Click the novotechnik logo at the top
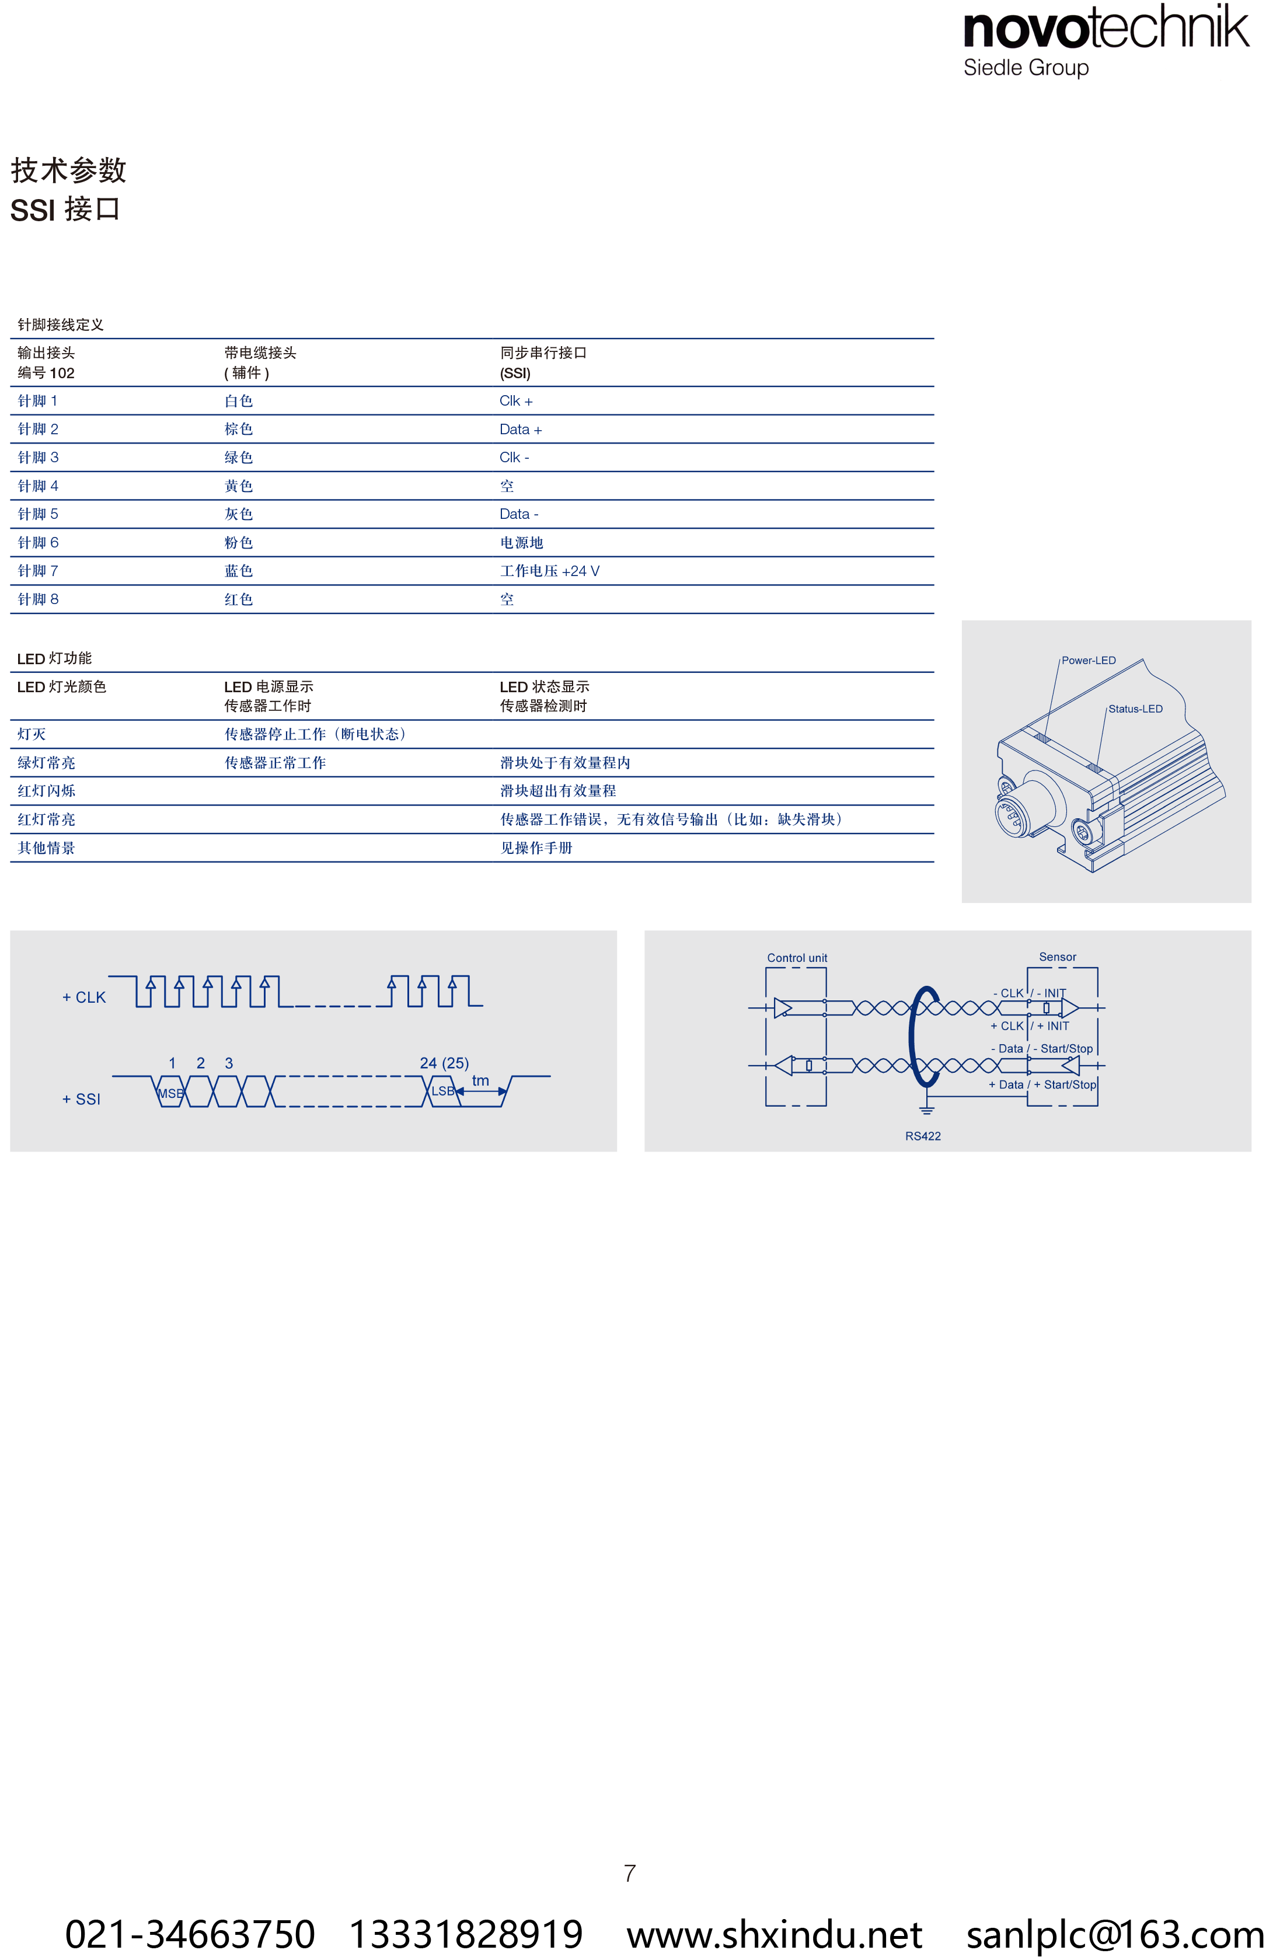click(x=1107, y=40)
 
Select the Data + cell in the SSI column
click(x=521, y=429)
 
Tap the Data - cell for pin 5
click(x=519, y=514)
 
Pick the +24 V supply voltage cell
click(x=550, y=570)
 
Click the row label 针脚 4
click(x=38, y=486)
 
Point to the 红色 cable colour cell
click(x=238, y=599)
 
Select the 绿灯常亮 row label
click(x=46, y=763)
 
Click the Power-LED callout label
click(x=1089, y=660)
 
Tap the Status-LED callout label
click(x=1135, y=709)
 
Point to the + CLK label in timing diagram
click(x=84, y=997)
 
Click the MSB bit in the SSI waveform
click(x=170, y=1093)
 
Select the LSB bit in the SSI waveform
click(x=442, y=1091)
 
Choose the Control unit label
click(x=797, y=958)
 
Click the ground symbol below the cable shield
click(x=926, y=1111)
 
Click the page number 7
click(x=630, y=1873)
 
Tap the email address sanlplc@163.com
click(x=1115, y=1934)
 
